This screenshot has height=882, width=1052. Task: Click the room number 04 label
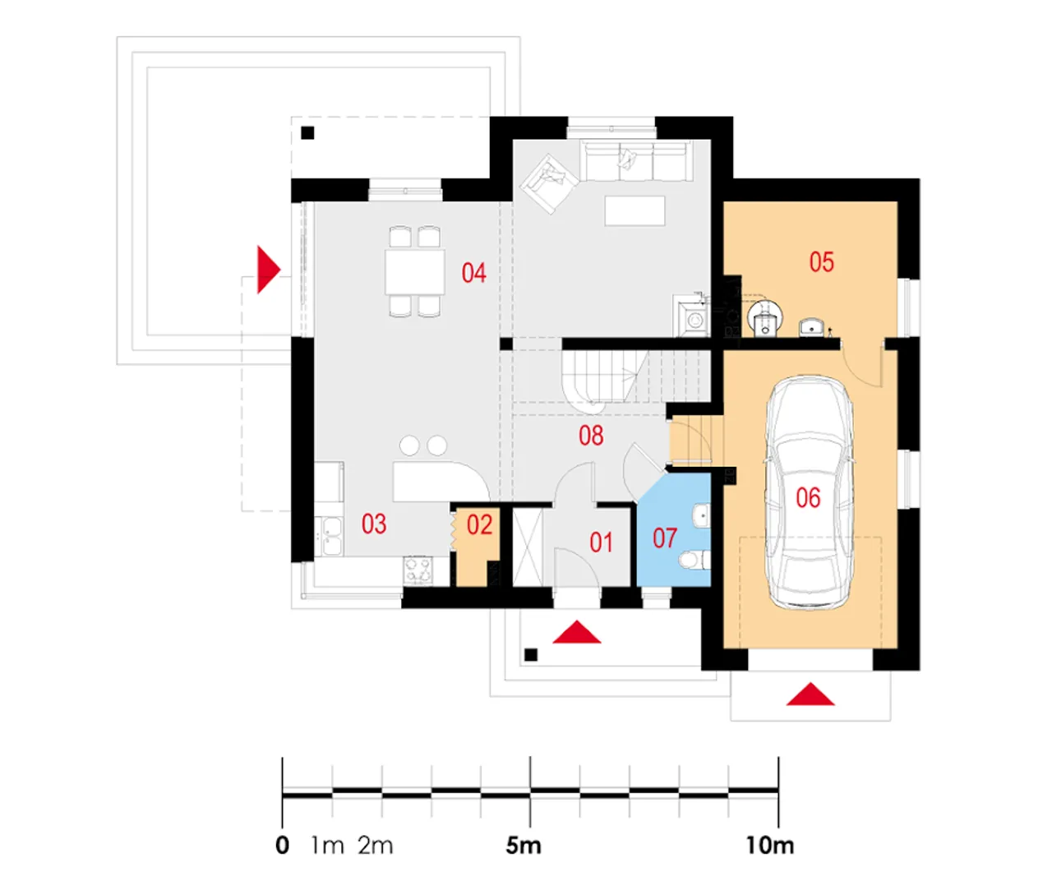point(473,273)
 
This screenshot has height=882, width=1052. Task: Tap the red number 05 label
point(821,262)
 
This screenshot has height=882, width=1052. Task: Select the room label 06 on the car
point(808,497)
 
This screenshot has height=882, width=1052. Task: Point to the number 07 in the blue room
point(664,538)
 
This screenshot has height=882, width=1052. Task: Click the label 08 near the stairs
point(591,436)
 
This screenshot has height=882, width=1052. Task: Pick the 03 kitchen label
point(374,524)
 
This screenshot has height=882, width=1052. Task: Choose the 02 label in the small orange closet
point(479,524)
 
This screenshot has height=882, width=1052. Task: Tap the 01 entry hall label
point(601,543)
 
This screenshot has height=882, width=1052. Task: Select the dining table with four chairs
point(414,271)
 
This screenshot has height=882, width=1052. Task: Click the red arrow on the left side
point(268,270)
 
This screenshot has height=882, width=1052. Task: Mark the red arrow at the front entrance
point(577,632)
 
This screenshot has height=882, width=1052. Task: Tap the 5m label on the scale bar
point(524,845)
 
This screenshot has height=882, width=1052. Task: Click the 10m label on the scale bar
point(770,845)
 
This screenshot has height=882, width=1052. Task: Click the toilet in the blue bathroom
point(693,561)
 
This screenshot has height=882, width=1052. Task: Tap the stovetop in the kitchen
point(418,570)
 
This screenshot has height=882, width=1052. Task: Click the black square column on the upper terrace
point(307,133)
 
